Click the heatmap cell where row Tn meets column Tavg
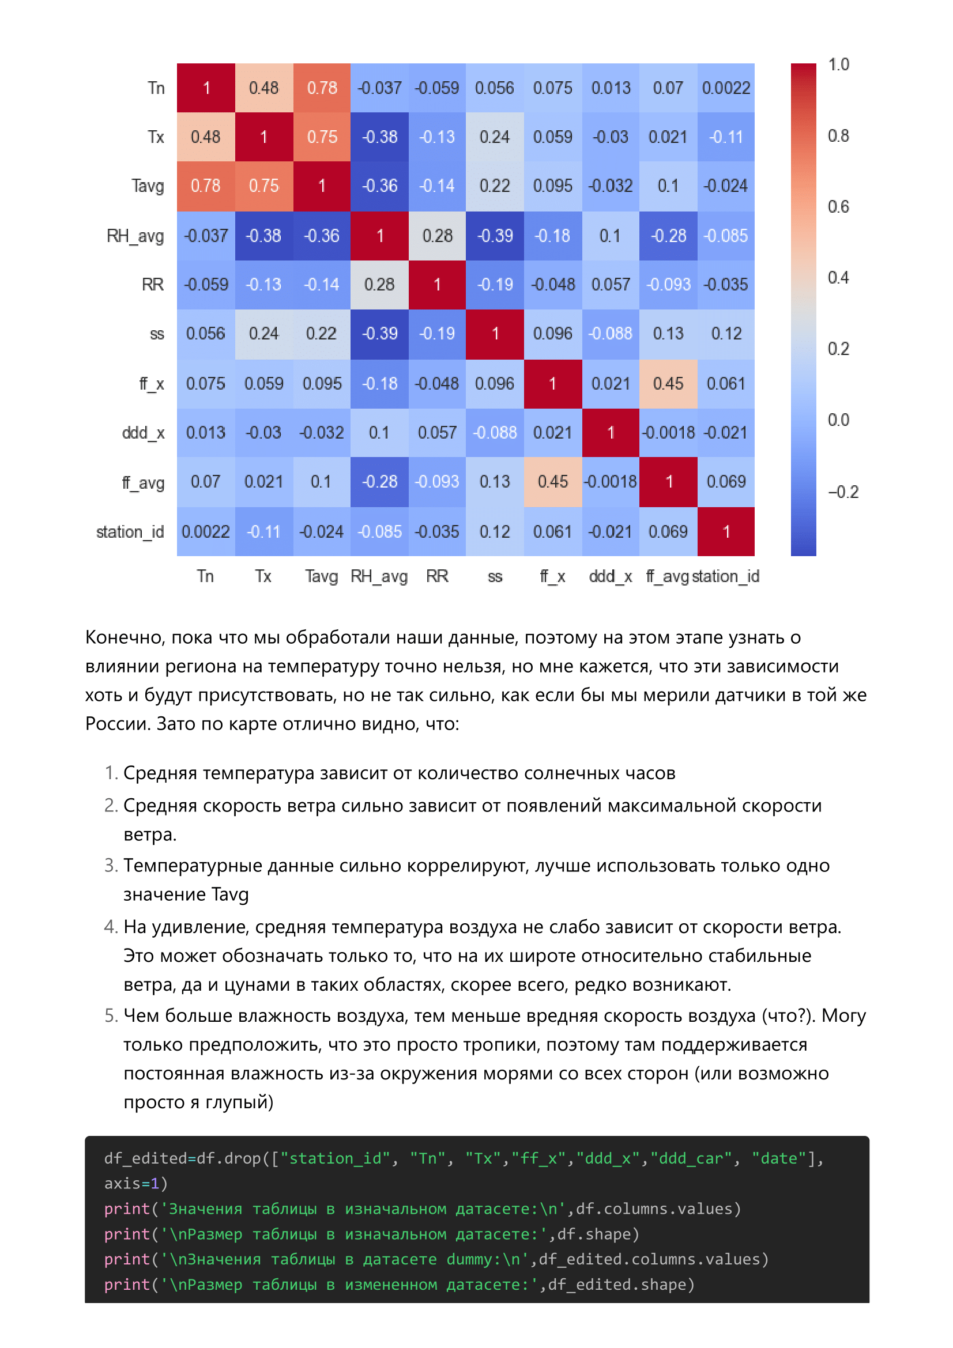tap(322, 88)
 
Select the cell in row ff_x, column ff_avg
tap(668, 383)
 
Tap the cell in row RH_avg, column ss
tap(495, 236)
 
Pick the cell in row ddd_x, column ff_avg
tap(668, 433)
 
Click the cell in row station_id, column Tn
tap(205, 531)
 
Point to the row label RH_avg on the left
tap(135, 236)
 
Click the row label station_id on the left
tap(130, 532)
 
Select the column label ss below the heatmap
tap(495, 576)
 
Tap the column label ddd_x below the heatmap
tap(610, 576)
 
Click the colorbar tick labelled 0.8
tap(838, 135)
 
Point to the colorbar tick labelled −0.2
tap(843, 492)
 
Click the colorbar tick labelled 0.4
tap(838, 278)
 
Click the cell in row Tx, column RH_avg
tap(379, 137)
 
